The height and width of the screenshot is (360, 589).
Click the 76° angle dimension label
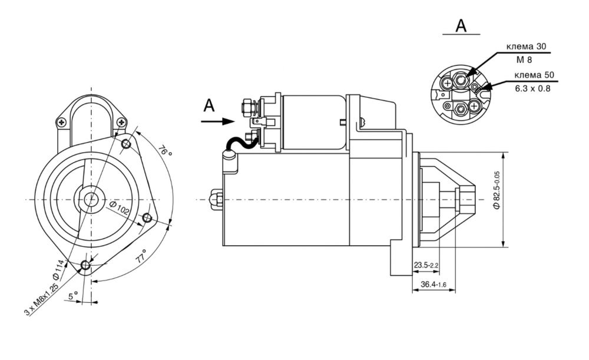point(165,151)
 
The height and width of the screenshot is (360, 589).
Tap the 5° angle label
point(73,296)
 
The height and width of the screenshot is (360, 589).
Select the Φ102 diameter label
point(120,208)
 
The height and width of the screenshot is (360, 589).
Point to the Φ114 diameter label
point(60,270)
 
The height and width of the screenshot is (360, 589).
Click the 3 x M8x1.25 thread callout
point(41,299)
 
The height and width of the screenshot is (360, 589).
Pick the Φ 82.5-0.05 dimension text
point(497,190)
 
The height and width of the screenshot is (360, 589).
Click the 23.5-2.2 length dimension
point(426,265)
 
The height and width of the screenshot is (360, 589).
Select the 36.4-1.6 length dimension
point(433,285)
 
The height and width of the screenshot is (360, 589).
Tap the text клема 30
point(526,47)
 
